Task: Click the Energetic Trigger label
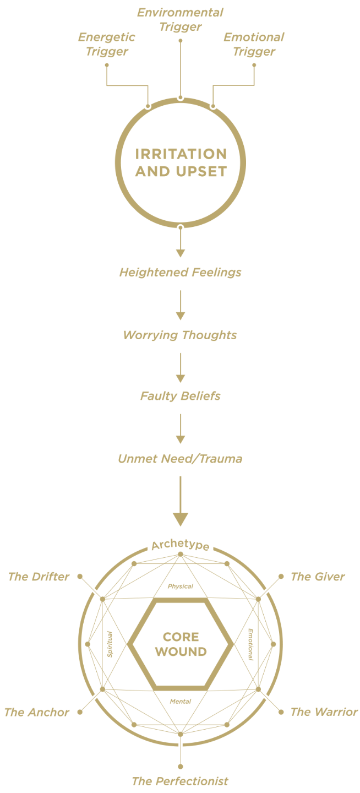pos(106,45)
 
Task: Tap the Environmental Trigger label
pos(180,19)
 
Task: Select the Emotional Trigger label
pos(254,45)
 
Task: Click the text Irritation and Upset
pos(181,162)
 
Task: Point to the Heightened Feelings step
pos(180,272)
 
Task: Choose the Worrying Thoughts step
pos(180,335)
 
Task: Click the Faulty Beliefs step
pos(180,396)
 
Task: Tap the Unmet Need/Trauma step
pos(180,458)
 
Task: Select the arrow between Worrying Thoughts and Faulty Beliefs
pos(180,367)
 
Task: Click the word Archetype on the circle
pos(180,545)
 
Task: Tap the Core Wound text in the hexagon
pos(181,644)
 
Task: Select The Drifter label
pos(39,577)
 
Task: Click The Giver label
pos(318,577)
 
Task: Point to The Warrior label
pos(324,711)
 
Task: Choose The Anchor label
pos(37,712)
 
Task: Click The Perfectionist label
pos(180,781)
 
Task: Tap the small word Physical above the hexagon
pos(180,586)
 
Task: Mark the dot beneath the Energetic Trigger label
pos(107,65)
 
